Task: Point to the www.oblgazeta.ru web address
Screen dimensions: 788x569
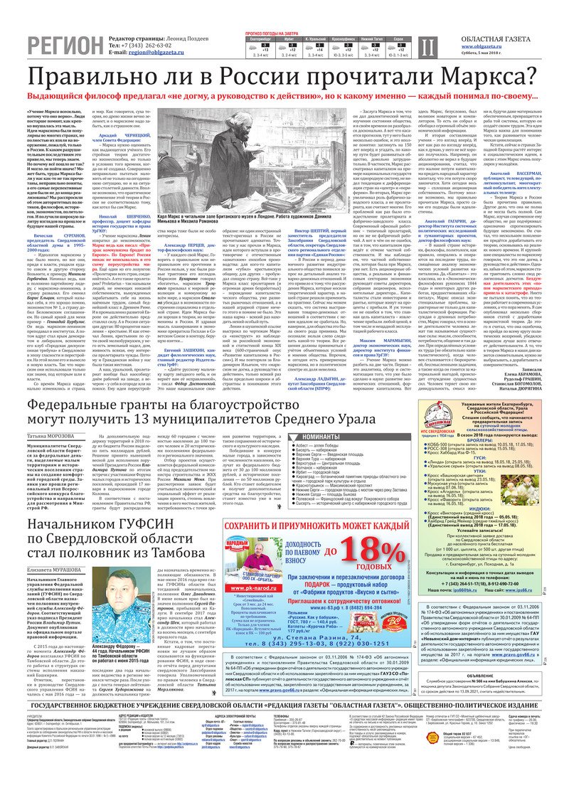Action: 477,45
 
